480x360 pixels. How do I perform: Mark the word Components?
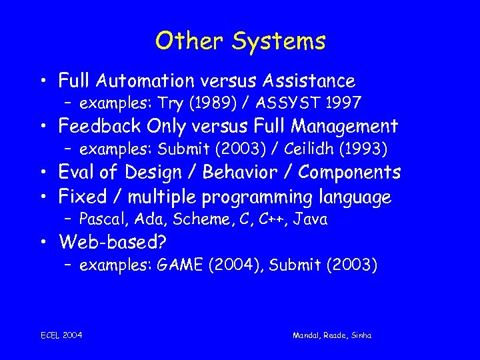[349, 172]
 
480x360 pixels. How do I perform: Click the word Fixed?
[81, 197]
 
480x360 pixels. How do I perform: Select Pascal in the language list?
[100, 219]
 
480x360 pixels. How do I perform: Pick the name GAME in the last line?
[180, 265]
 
